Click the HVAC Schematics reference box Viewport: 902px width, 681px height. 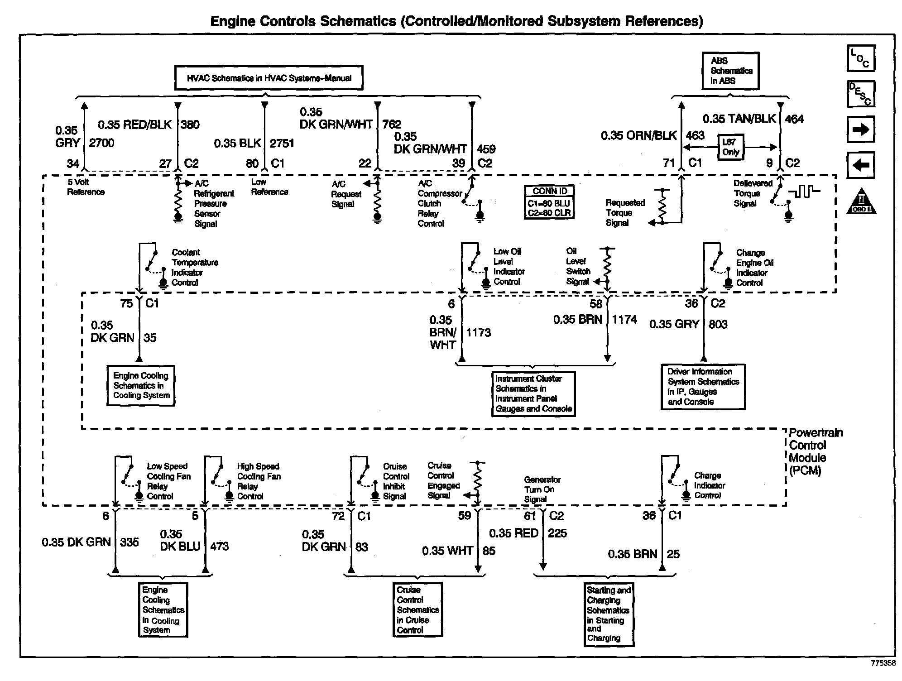tap(269, 78)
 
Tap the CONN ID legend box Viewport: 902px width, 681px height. tap(549, 202)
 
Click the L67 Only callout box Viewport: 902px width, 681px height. tap(730, 147)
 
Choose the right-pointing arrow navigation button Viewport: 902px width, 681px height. tap(860, 130)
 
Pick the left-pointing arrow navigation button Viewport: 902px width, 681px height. tap(860, 165)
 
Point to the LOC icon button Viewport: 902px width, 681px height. tap(860, 58)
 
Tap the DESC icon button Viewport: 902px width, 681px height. tap(860, 94)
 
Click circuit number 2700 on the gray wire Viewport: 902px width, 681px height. tap(101, 143)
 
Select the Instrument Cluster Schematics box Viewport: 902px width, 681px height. tap(533, 393)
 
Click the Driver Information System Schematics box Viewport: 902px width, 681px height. tap(703, 387)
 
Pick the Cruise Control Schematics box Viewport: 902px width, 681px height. tap(417, 609)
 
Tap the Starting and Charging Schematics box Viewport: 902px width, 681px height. tap(609, 614)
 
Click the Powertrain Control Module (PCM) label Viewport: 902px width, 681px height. tap(816, 451)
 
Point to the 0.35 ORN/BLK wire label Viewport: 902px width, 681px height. tap(638, 135)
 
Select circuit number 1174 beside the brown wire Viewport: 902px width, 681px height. tap(624, 320)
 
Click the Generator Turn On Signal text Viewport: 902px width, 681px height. tap(542, 489)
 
